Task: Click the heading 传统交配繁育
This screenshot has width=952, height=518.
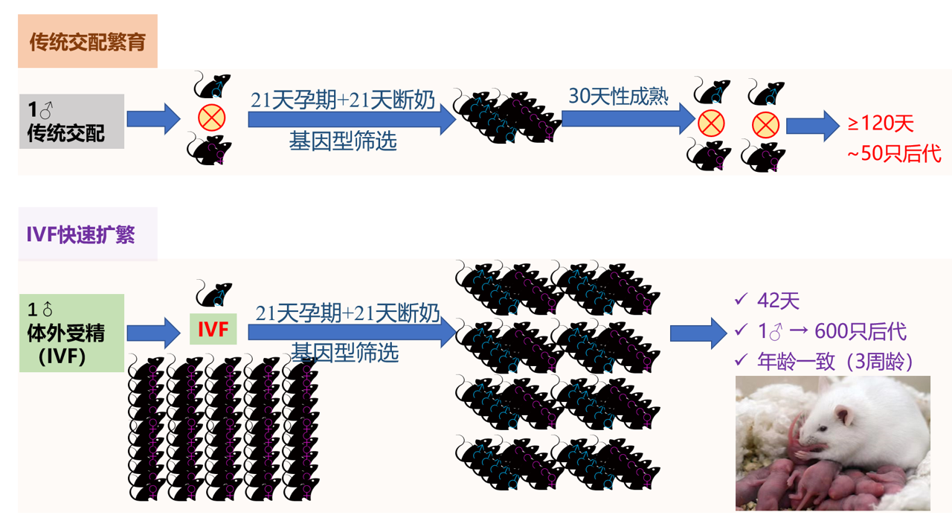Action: click(x=87, y=42)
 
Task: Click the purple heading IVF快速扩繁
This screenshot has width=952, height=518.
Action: click(x=81, y=234)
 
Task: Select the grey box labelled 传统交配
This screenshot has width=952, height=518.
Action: click(x=71, y=121)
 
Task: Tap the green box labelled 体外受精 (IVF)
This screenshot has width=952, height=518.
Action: click(x=71, y=333)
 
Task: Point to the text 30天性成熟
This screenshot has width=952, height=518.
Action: click(x=618, y=96)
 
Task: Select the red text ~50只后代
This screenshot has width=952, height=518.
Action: click(x=893, y=153)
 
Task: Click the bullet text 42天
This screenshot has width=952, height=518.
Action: click(x=778, y=301)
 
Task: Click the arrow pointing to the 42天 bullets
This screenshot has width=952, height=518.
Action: click(x=698, y=333)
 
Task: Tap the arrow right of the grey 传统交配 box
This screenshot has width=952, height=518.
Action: click(x=153, y=118)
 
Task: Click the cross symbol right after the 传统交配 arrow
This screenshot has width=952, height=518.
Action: click(x=212, y=118)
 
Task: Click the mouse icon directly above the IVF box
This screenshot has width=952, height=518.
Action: click(x=213, y=293)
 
